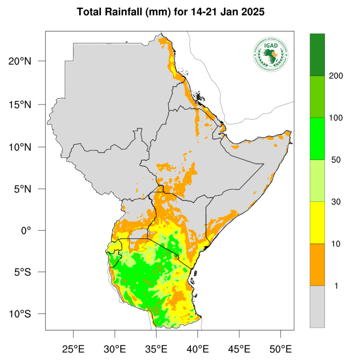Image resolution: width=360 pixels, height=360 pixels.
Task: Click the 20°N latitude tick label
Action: [20, 62]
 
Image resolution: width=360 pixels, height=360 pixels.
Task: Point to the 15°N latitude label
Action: [20, 104]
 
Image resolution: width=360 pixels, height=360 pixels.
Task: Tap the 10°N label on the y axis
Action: [20, 147]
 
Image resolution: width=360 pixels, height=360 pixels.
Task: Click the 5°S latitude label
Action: [22, 272]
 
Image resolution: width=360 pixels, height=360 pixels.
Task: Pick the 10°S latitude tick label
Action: [20, 314]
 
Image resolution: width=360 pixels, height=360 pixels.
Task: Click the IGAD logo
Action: [271, 54]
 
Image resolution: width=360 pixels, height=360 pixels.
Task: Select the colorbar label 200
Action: [336, 76]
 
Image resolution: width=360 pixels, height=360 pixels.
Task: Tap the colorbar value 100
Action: [336, 118]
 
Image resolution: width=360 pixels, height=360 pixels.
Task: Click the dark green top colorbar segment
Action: [317, 54]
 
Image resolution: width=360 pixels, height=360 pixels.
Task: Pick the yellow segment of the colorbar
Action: [317, 223]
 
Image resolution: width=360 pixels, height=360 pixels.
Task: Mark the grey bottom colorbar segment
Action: [317, 306]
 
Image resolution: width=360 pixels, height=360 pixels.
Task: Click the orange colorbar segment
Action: [317, 265]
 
